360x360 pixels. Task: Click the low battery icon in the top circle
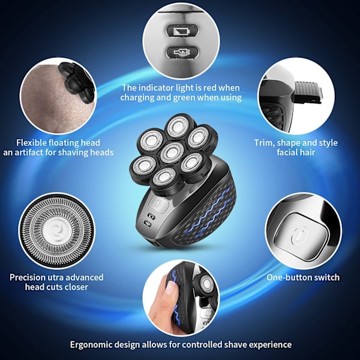(x=182, y=31)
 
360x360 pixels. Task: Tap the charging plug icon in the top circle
(x=182, y=53)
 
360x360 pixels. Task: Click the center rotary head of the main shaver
(x=172, y=152)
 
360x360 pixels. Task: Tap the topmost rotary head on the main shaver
(x=178, y=126)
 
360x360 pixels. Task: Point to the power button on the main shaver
(x=158, y=204)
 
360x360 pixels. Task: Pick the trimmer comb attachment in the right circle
(x=308, y=92)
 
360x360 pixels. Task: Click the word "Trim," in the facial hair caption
(x=264, y=143)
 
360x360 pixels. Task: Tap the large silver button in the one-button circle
(x=301, y=236)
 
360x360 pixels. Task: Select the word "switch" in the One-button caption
(x=327, y=277)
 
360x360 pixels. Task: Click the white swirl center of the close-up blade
(x=56, y=230)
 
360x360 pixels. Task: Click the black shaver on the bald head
(x=77, y=81)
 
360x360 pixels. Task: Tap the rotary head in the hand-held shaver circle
(x=205, y=284)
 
